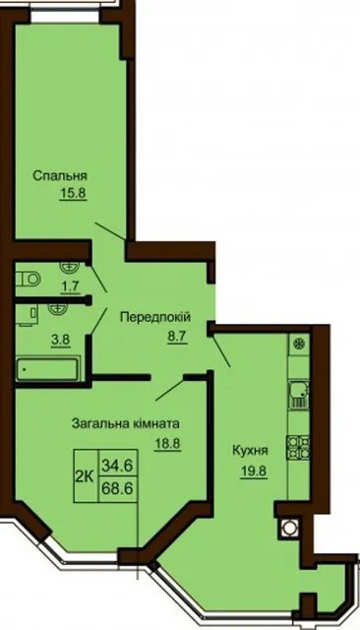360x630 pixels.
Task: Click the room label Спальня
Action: tap(60, 176)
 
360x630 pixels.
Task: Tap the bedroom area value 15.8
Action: tap(73, 194)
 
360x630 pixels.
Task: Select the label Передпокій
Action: tap(155, 317)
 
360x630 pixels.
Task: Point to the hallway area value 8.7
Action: tap(177, 336)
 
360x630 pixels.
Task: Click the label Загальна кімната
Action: tap(126, 423)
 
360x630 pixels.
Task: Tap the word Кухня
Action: tap(250, 451)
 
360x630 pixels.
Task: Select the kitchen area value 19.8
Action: tap(254, 471)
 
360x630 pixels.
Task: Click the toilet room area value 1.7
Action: tap(71, 286)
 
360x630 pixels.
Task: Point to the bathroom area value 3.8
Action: tap(60, 340)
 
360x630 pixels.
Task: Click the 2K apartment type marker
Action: tap(85, 476)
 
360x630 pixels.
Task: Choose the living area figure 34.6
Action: tap(117, 466)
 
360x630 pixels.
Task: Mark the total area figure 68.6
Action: tap(117, 488)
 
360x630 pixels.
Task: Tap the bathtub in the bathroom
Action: tap(47, 369)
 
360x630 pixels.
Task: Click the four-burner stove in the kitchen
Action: tap(298, 447)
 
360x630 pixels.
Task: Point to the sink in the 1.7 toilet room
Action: tap(69, 266)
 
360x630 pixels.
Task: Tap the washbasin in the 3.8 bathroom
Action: tap(57, 308)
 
